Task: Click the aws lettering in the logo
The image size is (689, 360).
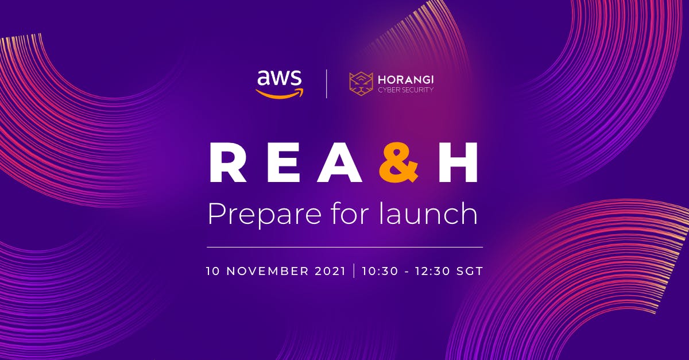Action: click(x=279, y=78)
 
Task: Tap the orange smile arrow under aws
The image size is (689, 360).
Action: click(x=280, y=94)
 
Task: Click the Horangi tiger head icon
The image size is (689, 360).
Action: click(x=361, y=84)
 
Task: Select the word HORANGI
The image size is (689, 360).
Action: click(x=406, y=80)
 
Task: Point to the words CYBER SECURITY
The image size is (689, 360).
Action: click(x=406, y=90)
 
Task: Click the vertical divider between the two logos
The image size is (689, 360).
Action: click(x=326, y=84)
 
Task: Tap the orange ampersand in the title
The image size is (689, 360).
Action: click(x=399, y=162)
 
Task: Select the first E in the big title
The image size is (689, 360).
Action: click(x=283, y=162)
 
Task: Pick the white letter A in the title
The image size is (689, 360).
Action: click(x=340, y=162)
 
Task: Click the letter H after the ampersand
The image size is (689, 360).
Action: click(x=458, y=162)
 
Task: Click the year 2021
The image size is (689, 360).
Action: click(x=331, y=271)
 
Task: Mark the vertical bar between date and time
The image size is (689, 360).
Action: click(x=354, y=271)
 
